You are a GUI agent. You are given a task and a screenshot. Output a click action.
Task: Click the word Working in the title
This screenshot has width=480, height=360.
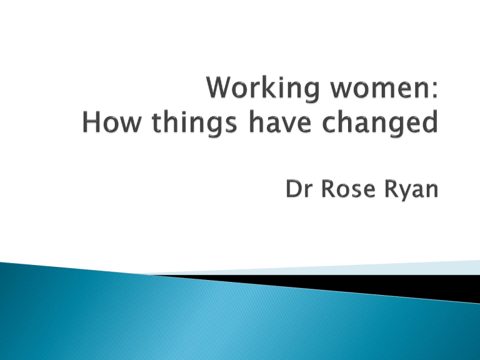point(263,89)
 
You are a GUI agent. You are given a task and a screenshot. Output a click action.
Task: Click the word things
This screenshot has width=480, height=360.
point(194,122)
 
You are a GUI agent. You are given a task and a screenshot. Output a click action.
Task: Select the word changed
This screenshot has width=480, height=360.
point(380,122)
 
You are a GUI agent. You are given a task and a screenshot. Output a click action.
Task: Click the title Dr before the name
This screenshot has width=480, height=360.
point(299,189)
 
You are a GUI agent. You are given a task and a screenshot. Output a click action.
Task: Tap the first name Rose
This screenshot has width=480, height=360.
point(348,189)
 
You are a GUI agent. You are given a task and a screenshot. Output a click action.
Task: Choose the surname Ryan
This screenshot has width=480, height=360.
point(411,191)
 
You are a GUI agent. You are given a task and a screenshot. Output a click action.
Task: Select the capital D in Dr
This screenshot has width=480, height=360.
point(294,189)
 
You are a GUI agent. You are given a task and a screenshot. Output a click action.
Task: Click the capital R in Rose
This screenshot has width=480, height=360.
point(329,189)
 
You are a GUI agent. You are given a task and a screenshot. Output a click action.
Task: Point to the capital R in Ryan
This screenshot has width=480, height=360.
point(391,189)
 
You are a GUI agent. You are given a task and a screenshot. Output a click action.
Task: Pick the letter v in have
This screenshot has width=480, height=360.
point(287,124)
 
